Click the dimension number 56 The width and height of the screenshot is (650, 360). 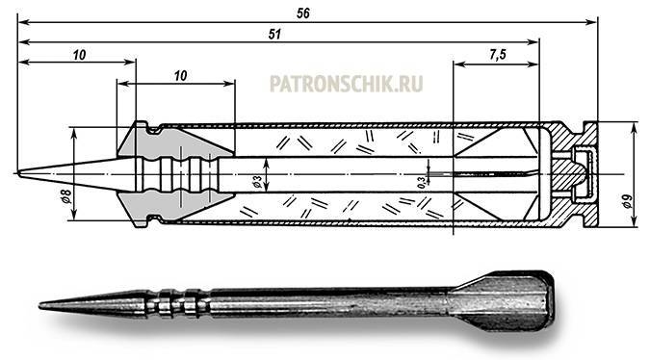(x=303, y=13)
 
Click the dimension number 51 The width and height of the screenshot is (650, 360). (x=274, y=34)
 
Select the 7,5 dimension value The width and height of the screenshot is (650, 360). (x=498, y=55)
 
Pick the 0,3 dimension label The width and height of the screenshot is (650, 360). (x=421, y=182)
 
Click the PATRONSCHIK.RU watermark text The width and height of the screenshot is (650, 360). (x=346, y=84)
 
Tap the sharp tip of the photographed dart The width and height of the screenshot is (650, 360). (x=40, y=306)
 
